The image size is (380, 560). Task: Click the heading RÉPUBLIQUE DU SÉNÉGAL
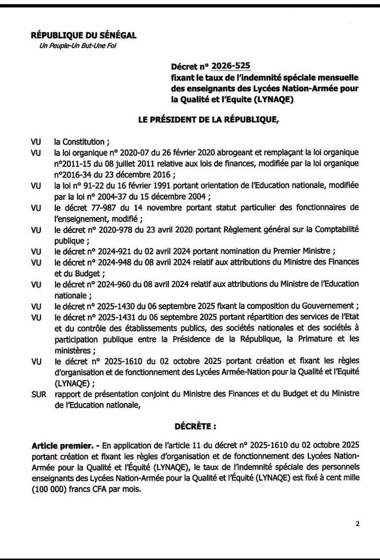coord(84,35)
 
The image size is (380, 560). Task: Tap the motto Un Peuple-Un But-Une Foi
coord(78,45)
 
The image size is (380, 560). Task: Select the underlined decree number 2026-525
coord(231,66)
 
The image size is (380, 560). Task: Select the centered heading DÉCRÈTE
coord(195,425)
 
